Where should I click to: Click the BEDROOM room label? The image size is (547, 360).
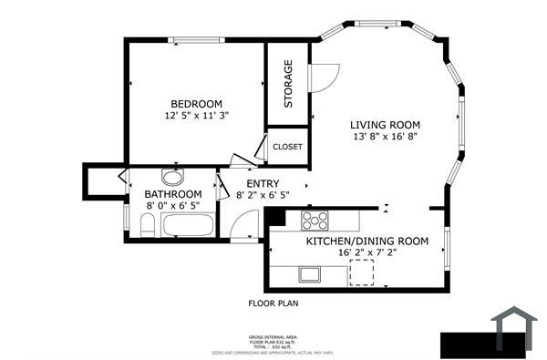(x=195, y=103)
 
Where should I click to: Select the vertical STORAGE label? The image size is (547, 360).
(x=288, y=84)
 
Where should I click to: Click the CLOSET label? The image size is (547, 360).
(x=287, y=146)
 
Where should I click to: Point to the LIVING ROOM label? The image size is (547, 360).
(x=387, y=125)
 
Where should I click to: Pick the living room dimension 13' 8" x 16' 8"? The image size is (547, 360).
(x=387, y=138)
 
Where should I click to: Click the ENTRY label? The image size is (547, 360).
(x=263, y=183)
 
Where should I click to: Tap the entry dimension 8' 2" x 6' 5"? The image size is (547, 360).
(x=263, y=195)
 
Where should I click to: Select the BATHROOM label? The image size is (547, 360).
(x=173, y=194)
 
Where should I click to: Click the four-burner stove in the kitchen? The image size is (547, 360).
(x=315, y=219)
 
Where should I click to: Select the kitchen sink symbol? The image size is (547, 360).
(x=309, y=273)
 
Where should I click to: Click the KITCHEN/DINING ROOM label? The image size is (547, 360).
(x=366, y=241)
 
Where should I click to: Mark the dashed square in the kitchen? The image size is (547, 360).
(x=365, y=273)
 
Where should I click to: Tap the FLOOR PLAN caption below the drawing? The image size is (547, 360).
(x=273, y=303)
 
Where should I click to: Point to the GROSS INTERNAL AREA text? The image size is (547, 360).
(x=273, y=336)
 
